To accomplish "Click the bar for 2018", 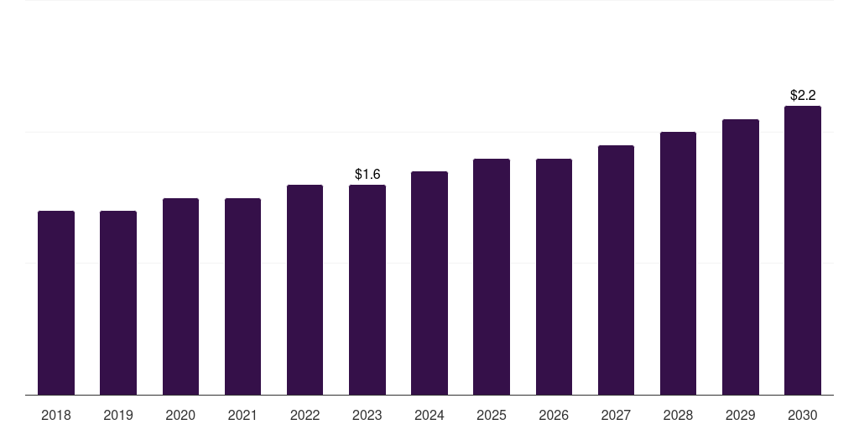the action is [56, 302].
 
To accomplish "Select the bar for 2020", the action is [180, 296].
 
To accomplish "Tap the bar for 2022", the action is [305, 290].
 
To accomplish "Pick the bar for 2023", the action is [367, 290].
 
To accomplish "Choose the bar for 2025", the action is [492, 277].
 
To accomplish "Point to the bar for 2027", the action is [616, 270].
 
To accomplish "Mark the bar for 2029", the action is [740, 257].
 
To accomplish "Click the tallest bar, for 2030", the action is [803, 250].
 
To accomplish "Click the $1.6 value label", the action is [367, 175].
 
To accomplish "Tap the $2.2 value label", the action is [803, 96].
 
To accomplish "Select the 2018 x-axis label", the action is [56, 416].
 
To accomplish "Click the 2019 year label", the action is [118, 416].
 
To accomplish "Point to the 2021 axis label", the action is [242, 416].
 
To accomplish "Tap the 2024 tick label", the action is [429, 416].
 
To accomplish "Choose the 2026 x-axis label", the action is [554, 416].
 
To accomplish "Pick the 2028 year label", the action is [678, 416].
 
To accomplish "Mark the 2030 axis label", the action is [803, 416].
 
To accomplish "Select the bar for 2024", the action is [429, 283].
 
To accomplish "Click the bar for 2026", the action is [554, 277].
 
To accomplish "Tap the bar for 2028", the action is [678, 263].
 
